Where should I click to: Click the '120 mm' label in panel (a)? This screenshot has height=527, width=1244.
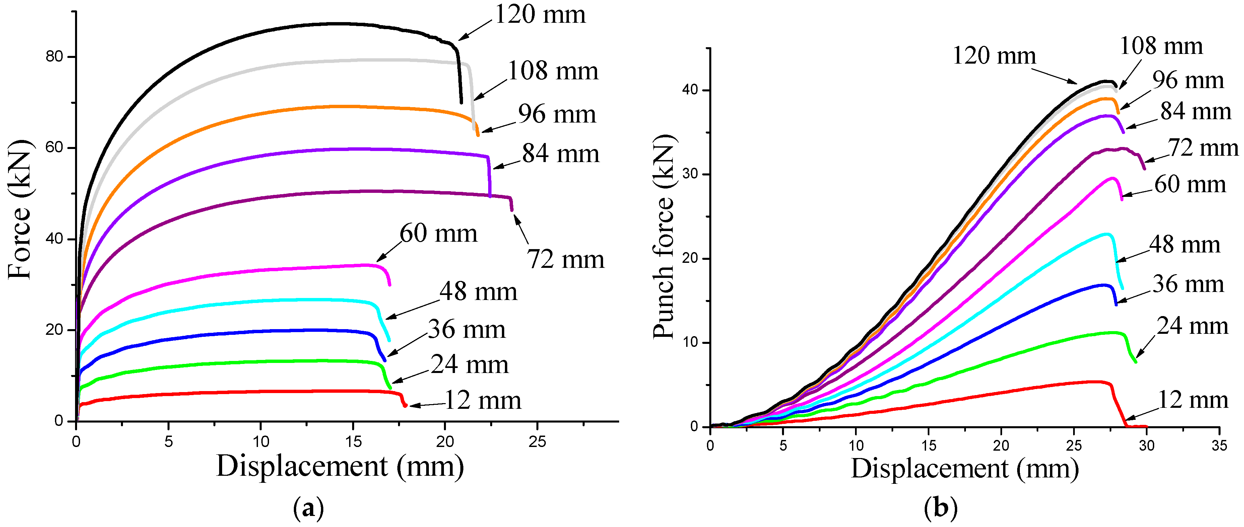coord(540,14)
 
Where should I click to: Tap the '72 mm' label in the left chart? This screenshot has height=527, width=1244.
coord(565,259)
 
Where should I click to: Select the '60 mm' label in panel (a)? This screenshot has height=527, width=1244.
coord(438,234)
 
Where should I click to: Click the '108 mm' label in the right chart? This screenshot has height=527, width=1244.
coord(1161,46)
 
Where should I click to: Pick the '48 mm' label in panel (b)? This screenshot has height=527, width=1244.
coord(1184,245)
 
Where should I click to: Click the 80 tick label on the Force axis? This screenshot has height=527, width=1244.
coord(54,57)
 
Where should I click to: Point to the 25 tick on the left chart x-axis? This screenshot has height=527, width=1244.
coord(537,441)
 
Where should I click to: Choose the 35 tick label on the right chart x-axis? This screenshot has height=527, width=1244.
coord(1219,445)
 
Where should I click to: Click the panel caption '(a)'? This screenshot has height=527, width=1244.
coord(308,508)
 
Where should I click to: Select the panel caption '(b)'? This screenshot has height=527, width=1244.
coord(940,508)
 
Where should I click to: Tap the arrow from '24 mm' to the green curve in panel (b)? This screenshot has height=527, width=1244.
coord(1145,346)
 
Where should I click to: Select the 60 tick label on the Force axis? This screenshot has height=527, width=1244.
coord(54,148)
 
